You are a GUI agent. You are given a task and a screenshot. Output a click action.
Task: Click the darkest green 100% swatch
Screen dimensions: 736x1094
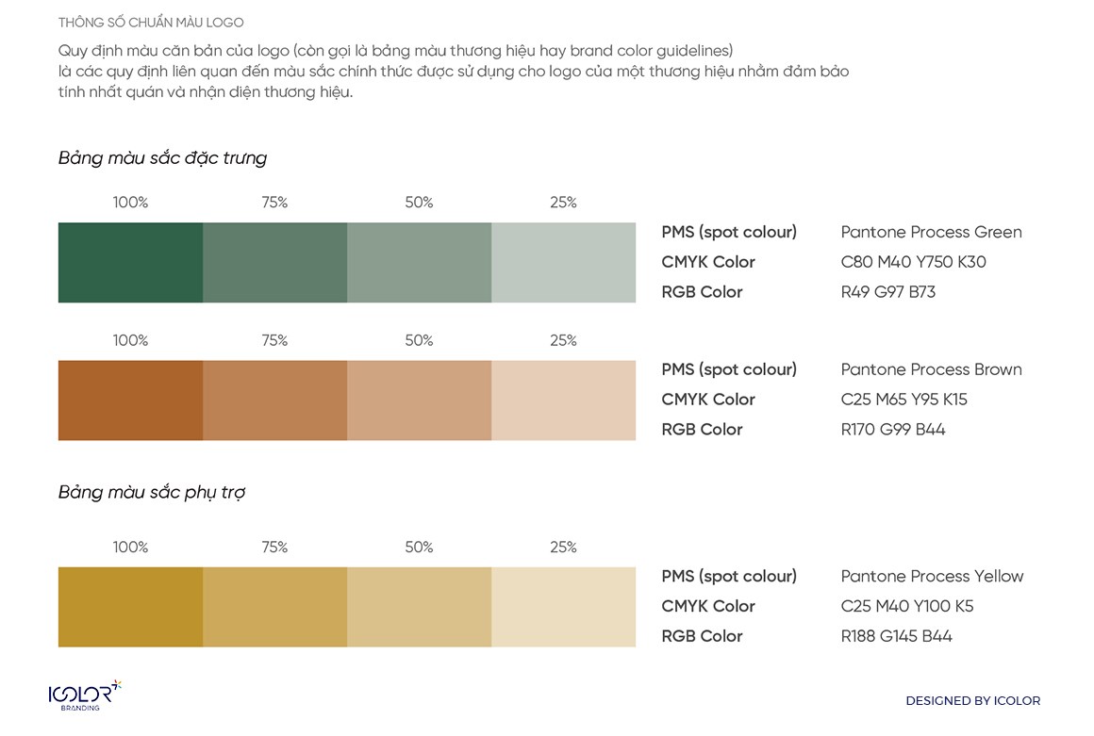(130, 263)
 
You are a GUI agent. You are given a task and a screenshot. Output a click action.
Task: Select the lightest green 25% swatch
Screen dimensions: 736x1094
(563, 263)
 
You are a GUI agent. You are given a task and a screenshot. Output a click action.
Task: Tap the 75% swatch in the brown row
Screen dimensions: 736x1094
(274, 401)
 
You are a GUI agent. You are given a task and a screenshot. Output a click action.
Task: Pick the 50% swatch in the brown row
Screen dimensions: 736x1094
(419, 401)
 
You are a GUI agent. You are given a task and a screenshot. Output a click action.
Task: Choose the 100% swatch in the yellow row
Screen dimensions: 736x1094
(130, 607)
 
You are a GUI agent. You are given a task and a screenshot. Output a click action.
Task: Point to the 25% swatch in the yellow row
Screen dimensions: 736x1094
(563, 607)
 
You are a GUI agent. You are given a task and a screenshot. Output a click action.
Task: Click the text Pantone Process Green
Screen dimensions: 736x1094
(931, 232)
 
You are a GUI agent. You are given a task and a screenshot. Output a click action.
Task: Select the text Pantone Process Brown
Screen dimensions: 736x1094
(931, 369)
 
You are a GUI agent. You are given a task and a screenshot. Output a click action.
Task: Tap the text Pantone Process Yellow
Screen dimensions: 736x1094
(932, 576)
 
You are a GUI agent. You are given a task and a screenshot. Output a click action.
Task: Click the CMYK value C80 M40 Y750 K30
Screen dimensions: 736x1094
(913, 262)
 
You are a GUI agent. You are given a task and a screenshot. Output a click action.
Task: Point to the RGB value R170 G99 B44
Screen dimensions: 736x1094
(892, 430)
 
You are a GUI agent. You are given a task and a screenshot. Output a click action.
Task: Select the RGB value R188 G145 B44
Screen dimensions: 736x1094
(896, 636)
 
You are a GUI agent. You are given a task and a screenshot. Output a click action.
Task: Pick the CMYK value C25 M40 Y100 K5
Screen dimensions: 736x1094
(906, 606)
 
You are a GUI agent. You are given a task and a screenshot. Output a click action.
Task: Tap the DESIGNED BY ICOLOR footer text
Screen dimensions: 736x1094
(972, 701)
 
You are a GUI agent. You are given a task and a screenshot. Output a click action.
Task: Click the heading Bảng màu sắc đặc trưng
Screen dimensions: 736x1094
(162, 158)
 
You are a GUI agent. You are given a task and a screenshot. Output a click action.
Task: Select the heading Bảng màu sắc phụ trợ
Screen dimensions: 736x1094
(152, 493)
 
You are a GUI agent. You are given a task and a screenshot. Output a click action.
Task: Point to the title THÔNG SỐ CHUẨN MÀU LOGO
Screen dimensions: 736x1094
(151, 23)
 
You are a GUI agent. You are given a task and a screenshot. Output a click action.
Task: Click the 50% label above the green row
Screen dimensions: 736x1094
(419, 203)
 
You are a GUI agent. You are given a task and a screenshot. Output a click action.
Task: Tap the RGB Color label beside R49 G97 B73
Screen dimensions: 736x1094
(702, 292)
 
